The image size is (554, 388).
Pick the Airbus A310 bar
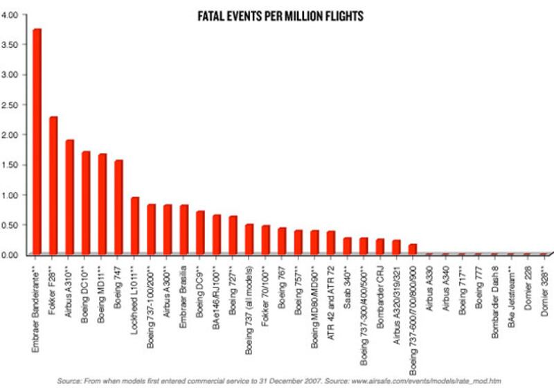69,197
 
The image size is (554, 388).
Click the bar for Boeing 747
118,208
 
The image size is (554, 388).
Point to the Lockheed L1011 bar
134,226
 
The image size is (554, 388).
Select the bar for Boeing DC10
85,203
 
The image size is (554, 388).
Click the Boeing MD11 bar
102,204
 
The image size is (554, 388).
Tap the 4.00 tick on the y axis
13,15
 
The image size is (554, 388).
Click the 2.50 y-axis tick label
13,105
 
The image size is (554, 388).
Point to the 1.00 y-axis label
13,195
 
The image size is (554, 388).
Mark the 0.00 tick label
13,255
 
